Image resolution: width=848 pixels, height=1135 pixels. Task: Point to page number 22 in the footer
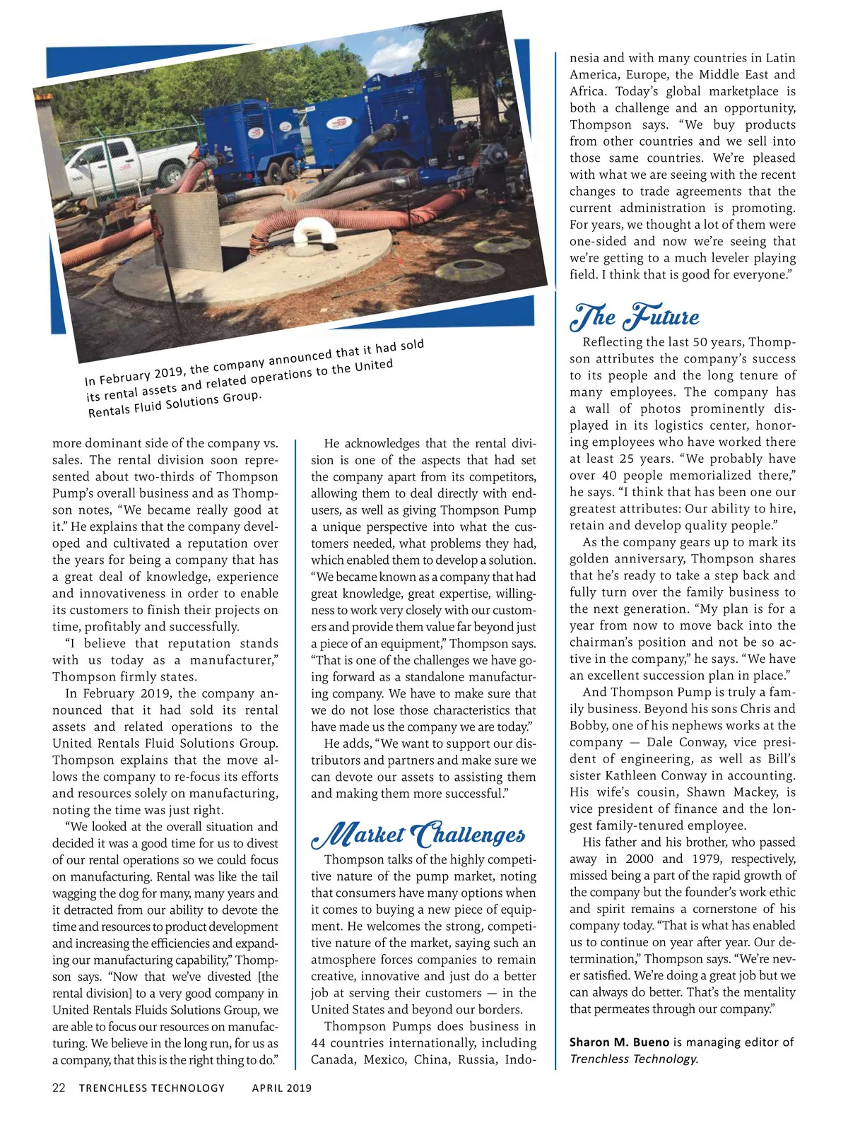pos(59,1088)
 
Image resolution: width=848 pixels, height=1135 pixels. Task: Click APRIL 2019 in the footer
pos(281,1088)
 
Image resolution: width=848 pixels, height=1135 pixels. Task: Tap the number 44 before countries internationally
pos(319,1043)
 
